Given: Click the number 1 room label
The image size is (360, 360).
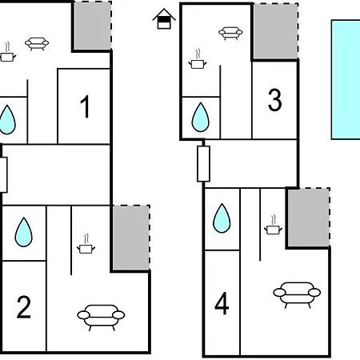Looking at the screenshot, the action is (x=86, y=106).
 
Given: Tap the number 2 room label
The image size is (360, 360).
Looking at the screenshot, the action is (x=24, y=307).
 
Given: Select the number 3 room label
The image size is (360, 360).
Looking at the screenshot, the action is (x=274, y=100).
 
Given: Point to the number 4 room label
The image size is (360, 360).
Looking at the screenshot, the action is (x=222, y=303).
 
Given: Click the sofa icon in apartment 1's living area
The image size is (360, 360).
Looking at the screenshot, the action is (x=37, y=44).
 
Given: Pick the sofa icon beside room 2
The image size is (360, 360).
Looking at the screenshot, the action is (x=101, y=318).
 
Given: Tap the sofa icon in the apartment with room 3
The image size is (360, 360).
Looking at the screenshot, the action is (x=230, y=33).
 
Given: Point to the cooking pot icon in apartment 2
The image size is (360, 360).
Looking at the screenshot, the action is (x=86, y=244).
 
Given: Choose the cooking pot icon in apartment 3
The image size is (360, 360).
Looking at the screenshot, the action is (x=198, y=59).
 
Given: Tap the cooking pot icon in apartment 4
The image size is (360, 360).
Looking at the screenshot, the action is (x=273, y=225).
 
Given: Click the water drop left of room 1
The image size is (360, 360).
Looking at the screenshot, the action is (x=7, y=120).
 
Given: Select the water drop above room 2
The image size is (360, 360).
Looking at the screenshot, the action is (x=24, y=232).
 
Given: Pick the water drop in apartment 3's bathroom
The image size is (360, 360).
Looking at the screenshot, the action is (x=200, y=118).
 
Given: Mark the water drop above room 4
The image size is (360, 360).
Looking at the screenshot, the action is (x=222, y=218).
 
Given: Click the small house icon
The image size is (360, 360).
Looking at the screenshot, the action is (x=164, y=18).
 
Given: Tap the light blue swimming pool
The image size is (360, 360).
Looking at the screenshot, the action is (x=346, y=79).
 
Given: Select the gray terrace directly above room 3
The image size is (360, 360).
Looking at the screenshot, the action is (x=275, y=31).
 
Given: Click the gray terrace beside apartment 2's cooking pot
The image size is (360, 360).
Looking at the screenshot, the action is (x=131, y=238).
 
